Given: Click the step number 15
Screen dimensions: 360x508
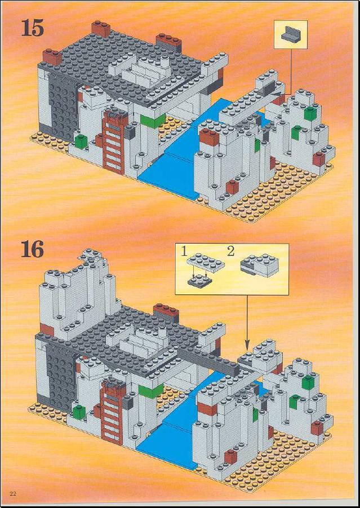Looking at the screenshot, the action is [32, 28].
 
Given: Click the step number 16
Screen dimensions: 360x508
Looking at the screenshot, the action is [32, 249].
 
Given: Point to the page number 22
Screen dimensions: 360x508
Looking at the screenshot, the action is [14, 493].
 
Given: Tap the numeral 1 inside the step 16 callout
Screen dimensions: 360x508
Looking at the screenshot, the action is [184, 251].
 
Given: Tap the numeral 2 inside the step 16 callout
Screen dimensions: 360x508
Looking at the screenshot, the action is [230, 251].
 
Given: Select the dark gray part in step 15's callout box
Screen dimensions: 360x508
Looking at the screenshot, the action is [290, 34].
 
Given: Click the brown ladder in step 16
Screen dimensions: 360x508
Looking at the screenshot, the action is [112, 413].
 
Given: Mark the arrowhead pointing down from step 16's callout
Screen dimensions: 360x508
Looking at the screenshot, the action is [247, 346].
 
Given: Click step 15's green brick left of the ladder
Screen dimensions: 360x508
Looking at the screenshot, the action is [81, 142].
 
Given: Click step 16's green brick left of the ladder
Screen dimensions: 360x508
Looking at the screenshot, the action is [79, 412].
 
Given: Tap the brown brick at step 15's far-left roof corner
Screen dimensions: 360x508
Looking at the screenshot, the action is [52, 57].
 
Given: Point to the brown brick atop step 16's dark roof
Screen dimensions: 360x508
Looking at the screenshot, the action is [166, 312].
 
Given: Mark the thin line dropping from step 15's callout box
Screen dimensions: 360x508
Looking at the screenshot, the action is [290, 72].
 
